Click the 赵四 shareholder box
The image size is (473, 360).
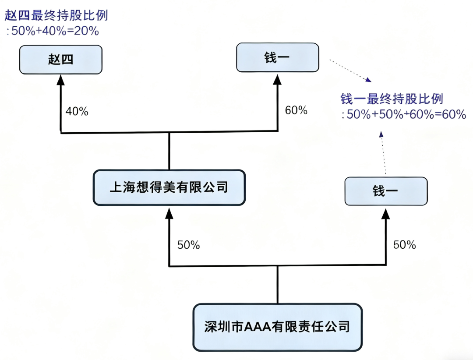point(61,60)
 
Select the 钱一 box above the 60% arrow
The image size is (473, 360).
point(277,57)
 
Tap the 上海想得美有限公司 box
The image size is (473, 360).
point(169,187)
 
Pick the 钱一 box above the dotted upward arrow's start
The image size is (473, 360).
point(385,191)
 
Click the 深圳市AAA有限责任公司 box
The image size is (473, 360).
point(278,327)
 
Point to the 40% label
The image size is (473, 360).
point(77,112)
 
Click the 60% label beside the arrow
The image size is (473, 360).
point(296,110)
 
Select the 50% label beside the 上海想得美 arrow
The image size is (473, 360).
point(188,245)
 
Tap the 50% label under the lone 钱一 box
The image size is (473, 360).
point(404,245)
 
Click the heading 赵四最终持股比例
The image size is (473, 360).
point(56,16)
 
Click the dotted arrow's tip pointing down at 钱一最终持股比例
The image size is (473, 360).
point(368,80)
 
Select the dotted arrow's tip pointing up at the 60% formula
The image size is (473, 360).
point(381,134)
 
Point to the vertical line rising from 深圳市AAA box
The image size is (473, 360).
point(278,285)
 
